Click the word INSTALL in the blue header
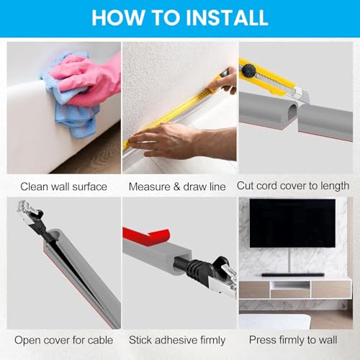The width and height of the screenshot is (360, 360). tap(227, 17)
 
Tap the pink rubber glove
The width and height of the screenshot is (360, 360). tap(91, 79)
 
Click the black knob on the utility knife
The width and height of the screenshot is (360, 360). tap(248, 70)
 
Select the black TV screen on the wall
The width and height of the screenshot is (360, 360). tap(292, 223)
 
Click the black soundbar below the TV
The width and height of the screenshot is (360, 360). tap(293, 275)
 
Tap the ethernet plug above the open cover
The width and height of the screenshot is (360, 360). tap(30, 214)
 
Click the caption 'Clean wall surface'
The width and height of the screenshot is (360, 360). tap(63, 186)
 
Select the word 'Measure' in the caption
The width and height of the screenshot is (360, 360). tap(150, 186)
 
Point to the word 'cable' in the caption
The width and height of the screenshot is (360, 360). tap(100, 340)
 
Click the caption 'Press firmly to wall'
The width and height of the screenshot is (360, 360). tap(293, 340)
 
